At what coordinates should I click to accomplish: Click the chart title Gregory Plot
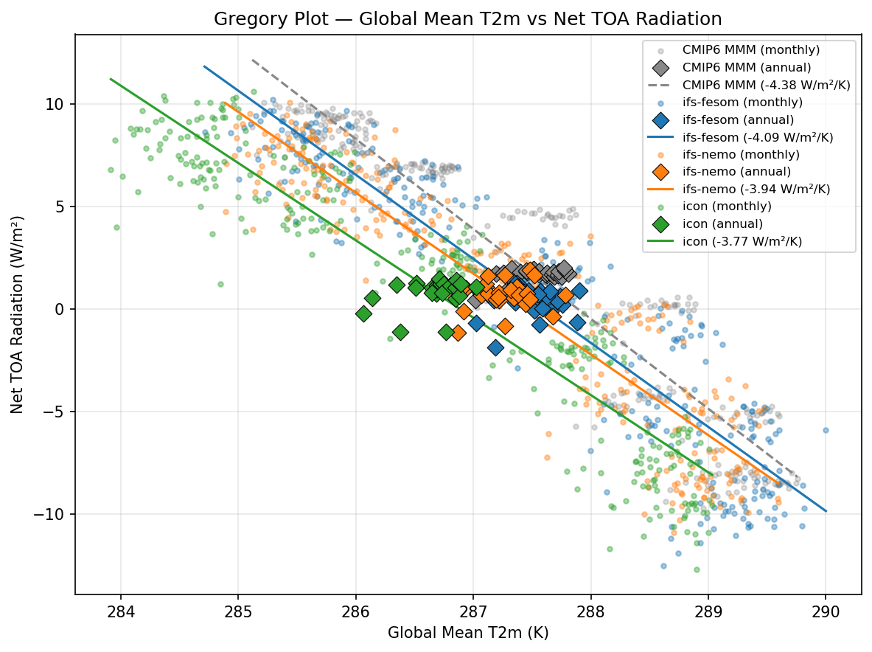point(467,19)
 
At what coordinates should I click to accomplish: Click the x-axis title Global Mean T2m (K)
point(468,633)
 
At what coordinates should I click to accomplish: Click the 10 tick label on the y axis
point(56,104)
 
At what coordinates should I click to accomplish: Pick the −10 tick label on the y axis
point(52,514)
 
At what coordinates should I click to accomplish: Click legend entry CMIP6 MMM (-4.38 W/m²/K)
point(767,86)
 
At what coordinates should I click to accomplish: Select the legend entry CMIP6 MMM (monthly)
point(750,51)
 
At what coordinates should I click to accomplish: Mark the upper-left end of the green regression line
point(111,79)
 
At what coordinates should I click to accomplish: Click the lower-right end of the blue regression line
point(826,510)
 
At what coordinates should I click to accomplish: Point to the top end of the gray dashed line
point(252,60)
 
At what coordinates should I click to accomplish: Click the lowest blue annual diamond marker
point(495,347)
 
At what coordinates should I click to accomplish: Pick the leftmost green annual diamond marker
point(363,313)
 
